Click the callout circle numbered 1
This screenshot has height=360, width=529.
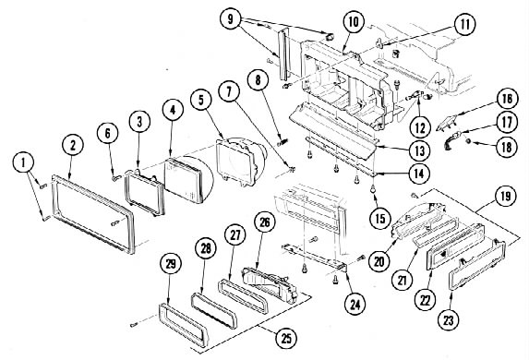click(23, 162)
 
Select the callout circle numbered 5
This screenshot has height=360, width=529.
click(201, 100)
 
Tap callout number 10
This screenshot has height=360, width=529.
click(354, 22)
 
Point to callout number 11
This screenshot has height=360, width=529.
click(465, 24)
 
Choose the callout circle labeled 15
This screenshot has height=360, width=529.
click(380, 218)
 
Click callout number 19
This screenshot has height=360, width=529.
click(506, 196)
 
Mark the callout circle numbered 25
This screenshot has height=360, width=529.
click(286, 338)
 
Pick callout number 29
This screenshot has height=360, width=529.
click(171, 263)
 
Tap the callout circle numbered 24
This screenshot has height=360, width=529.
click(355, 305)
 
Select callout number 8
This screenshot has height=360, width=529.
click(258, 79)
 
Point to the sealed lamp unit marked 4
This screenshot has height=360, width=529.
click(184, 181)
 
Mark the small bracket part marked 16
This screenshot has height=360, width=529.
click(447, 123)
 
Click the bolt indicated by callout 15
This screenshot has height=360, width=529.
click(374, 191)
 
